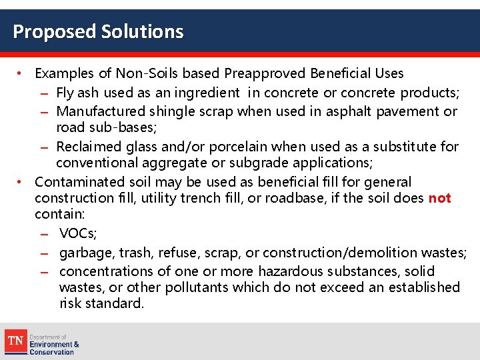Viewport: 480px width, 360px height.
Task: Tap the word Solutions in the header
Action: point(143,31)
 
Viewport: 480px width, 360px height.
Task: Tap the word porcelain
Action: point(217,147)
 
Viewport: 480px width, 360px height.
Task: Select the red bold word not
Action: point(440,198)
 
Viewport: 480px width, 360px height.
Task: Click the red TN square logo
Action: point(16,341)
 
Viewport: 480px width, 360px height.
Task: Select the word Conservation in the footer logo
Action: point(51,352)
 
